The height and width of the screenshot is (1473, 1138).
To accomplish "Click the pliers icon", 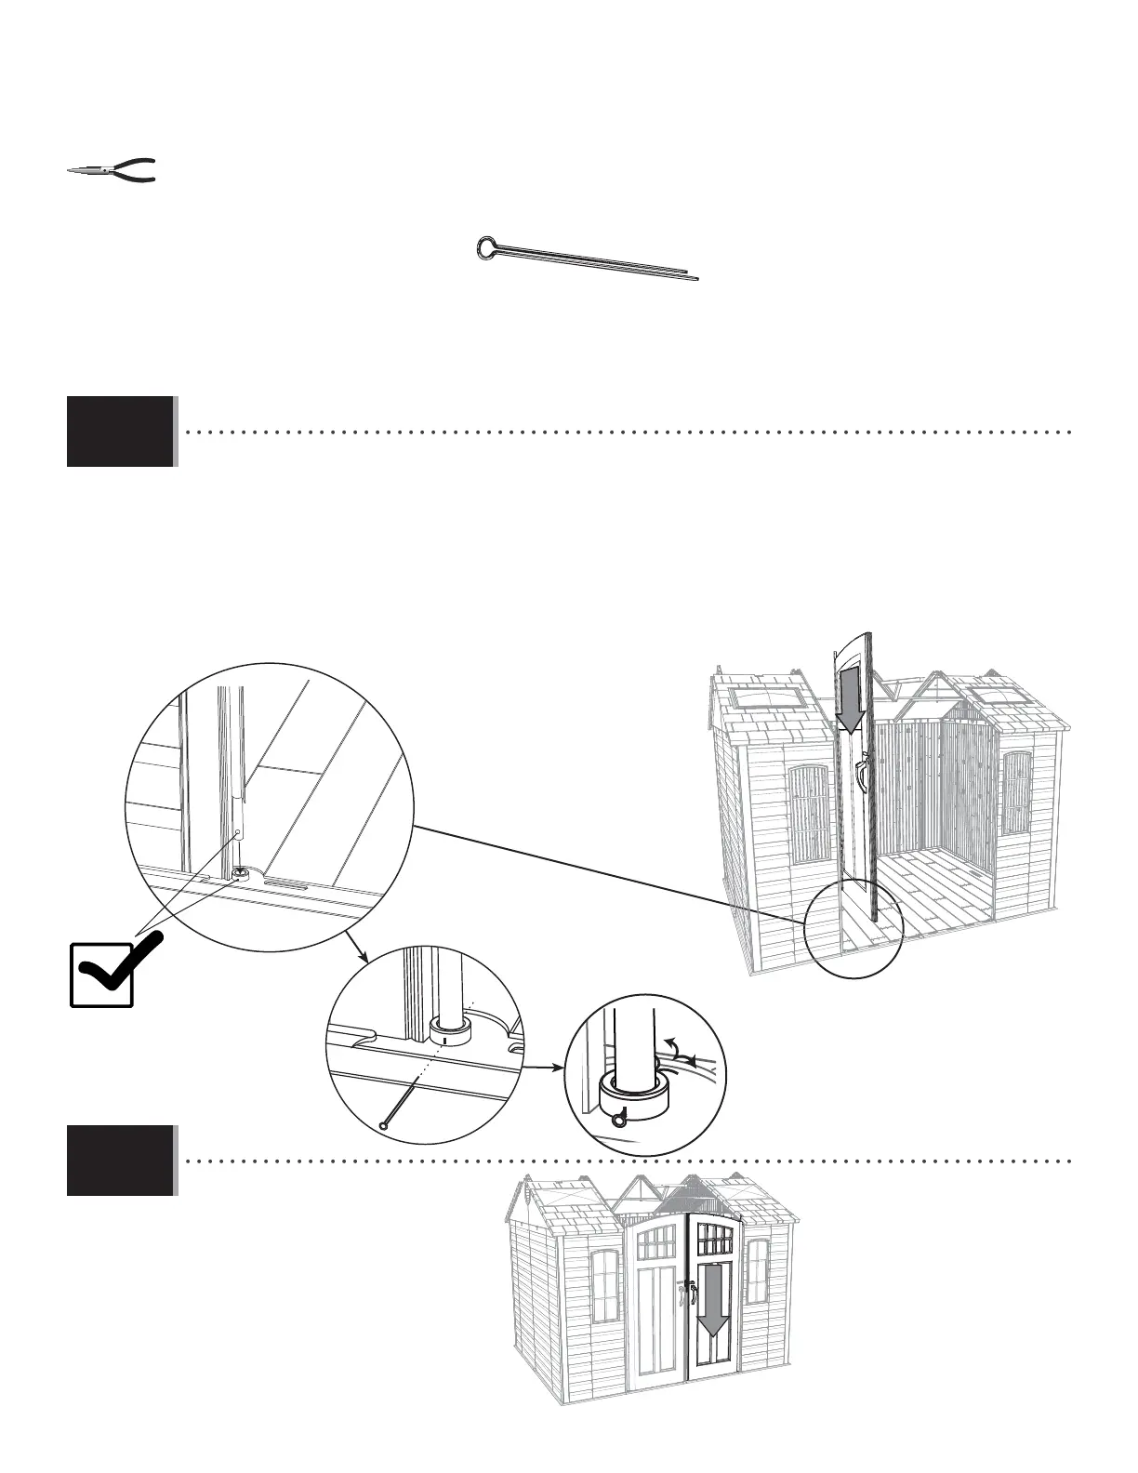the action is coord(112,170).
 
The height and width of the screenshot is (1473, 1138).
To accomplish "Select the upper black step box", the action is coord(121,431).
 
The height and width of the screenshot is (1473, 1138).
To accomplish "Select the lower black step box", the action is coord(121,1160).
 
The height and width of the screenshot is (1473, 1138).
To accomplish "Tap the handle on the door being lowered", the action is coord(863,769).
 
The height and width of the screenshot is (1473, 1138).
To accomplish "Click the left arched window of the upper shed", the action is coord(808,816).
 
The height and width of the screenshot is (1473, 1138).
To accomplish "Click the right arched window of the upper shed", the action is coord(1017,793).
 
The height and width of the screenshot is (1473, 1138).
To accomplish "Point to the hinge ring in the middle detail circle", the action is coord(451,1030).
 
